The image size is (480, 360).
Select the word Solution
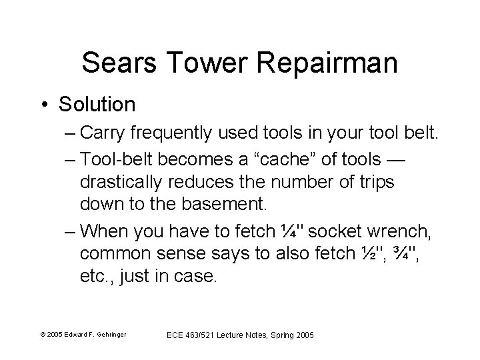pyautogui.click(x=97, y=105)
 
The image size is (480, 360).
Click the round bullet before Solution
pyautogui.click(x=43, y=105)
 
